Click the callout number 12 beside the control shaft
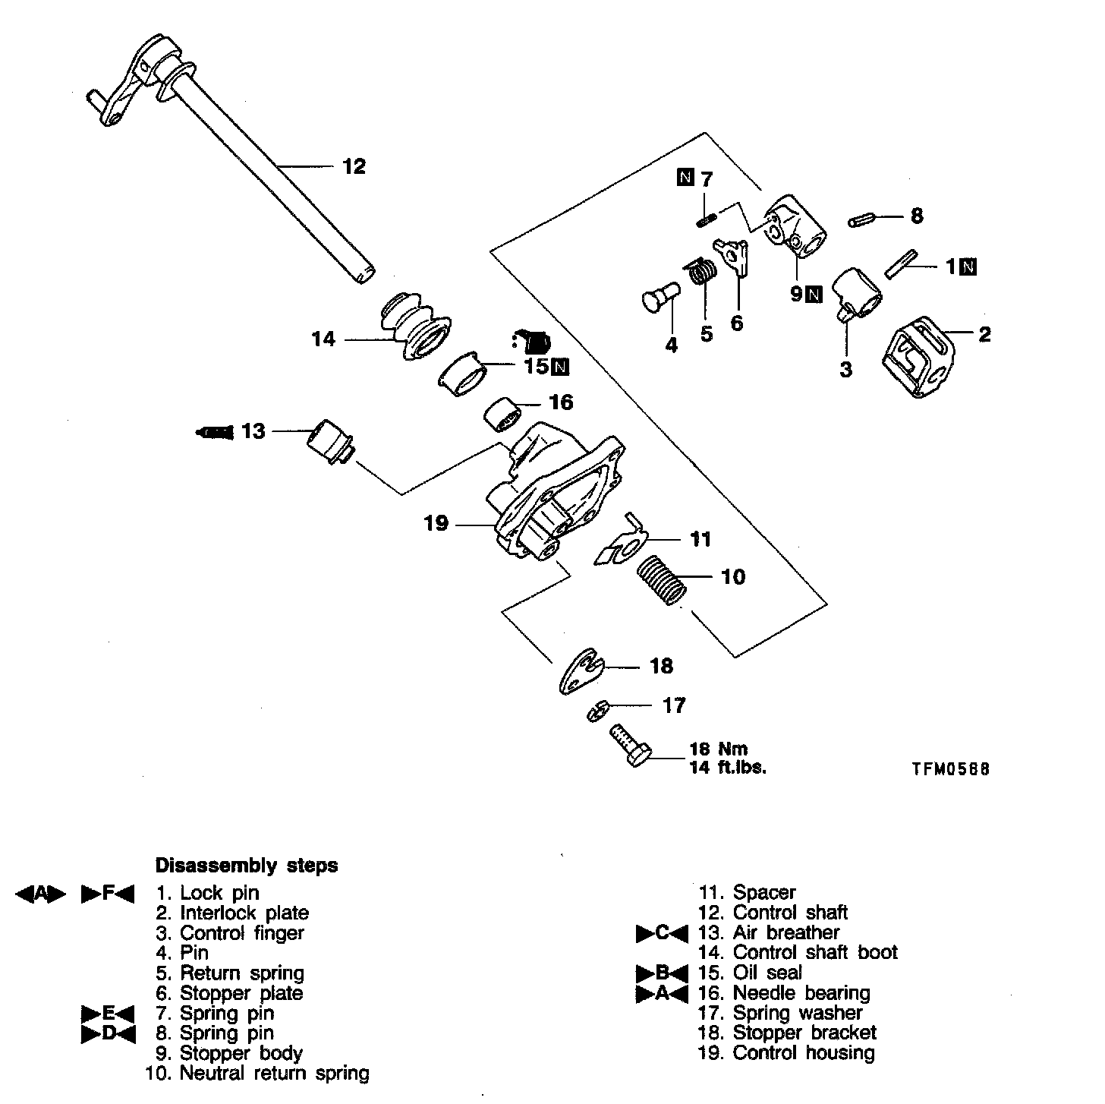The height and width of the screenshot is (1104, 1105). point(354,166)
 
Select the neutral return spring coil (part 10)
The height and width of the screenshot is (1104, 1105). point(661,579)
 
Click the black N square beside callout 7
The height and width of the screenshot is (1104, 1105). point(685,178)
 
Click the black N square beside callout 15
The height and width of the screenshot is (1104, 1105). point(559,367)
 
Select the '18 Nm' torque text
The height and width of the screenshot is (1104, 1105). point(718,749)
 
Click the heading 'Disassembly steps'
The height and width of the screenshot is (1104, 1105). point(247,866)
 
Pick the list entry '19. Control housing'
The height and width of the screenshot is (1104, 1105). point(785,1053)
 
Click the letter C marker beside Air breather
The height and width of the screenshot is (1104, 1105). point(662,932)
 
